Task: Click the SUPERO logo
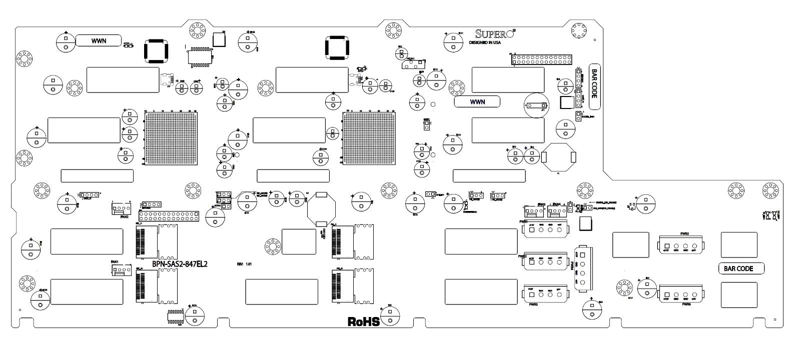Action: click(x=495, y=34)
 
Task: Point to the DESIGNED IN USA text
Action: click(x=484, y=43)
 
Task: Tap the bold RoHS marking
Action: click(x=364, y=321)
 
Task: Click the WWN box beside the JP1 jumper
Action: click(x=477, y=101)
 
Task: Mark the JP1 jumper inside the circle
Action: click(x=534, y=105)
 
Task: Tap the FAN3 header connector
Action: click(x=534, y=211)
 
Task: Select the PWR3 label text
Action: click(x=532, y=304)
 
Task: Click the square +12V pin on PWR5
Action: click(x=666, y=246)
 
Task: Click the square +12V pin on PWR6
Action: click(x=666, y=294)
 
